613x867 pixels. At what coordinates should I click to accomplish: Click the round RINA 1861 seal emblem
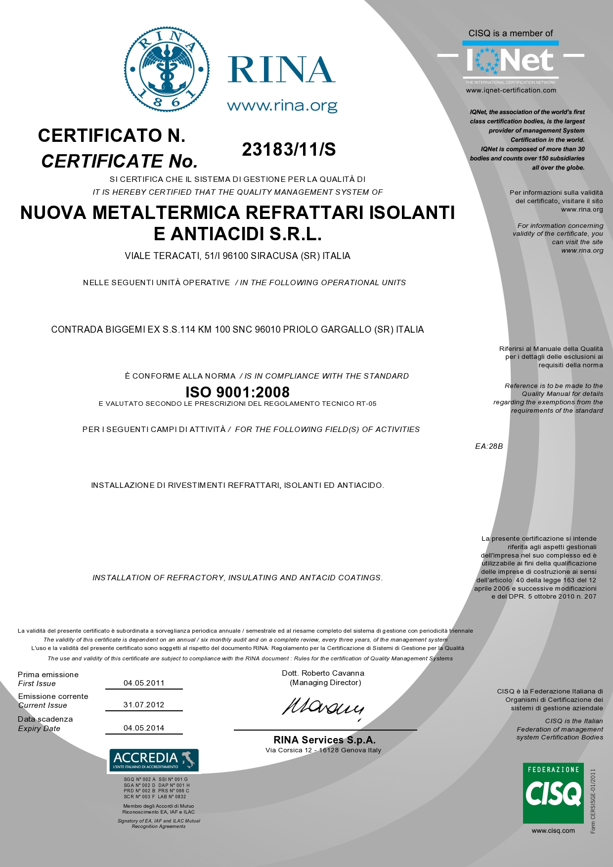pos(167,69)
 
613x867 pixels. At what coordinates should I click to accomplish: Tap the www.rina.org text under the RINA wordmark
pos(282,106)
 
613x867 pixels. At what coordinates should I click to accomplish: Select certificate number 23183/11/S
pos(289,149)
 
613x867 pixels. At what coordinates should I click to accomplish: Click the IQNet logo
pos(510,60)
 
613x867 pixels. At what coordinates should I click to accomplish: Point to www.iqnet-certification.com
pos(511,90)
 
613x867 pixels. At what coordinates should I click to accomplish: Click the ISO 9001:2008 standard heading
pos(237,392)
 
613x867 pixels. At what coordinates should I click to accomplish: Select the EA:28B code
pos(489,446)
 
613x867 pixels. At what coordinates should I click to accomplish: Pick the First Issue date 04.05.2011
pos(144,683)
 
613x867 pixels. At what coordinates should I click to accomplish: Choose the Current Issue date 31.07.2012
pos(144,705)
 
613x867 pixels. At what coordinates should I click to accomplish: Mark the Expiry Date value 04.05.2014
pos(144,728)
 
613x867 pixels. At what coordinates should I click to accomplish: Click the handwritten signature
pos(323,707)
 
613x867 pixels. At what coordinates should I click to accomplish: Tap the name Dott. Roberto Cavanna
pos(323,673)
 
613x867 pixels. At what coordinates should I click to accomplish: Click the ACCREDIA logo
pos(153,760)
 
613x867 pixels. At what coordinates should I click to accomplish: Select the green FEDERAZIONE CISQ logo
pos(553,793)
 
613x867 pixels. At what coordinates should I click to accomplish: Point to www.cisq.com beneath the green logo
pos(553,830)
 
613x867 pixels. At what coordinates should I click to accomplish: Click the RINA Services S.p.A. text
pos(324,740)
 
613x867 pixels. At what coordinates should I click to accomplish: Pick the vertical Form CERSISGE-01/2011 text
pos(593,801)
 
